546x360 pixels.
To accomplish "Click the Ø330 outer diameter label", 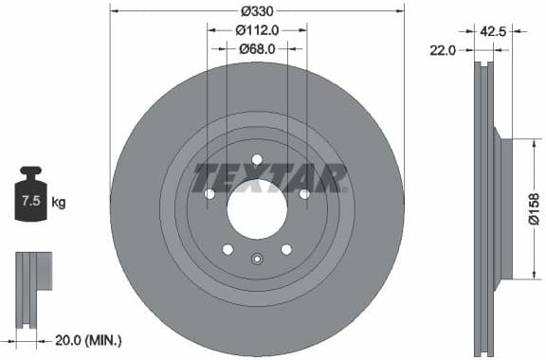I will click(x=257, y=11).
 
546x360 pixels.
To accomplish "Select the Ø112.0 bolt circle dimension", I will click(x=257, y=30).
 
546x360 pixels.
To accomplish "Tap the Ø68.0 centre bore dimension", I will click(x=257, y=48).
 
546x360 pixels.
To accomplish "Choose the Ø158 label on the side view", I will click(x=534, y=208).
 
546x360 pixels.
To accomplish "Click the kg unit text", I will click(x=58, y=203).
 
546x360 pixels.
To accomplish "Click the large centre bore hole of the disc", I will click(x=256, y=207).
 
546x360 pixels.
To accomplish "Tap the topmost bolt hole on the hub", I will click(x=256, y=159).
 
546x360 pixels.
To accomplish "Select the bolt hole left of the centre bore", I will click(x=209, y=193).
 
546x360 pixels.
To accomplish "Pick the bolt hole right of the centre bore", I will click(x=303, y=193).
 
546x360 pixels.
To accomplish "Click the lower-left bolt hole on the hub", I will click(x=227, y=248).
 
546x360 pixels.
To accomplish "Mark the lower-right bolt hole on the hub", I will click(x=285, y=248).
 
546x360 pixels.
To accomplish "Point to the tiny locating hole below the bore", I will click(x=256, y=257).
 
